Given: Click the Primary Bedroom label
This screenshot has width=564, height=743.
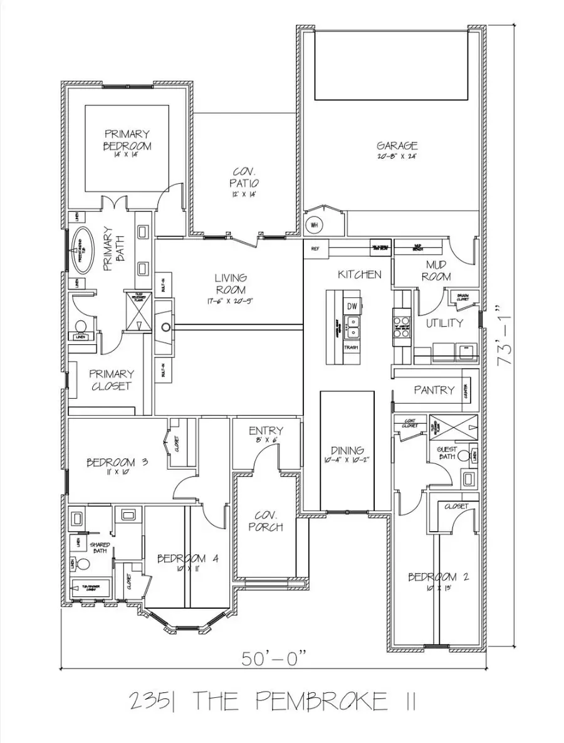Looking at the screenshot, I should tap(127, 140).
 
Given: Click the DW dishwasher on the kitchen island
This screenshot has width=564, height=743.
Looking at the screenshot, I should tap(352, 306).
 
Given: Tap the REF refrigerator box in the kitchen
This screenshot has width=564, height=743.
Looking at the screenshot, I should tap(315, 249).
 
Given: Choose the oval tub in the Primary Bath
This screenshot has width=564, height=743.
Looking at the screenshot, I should tap(80, 250).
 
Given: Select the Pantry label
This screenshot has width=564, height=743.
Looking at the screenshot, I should tap(434, 390).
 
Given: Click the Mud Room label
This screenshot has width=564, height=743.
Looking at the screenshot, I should tap(436, 270).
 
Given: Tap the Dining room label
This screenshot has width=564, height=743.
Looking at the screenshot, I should tap(347, 450).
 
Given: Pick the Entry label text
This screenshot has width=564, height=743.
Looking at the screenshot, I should tap(266, 431).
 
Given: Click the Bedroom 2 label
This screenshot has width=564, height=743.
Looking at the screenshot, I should tap(438, 577).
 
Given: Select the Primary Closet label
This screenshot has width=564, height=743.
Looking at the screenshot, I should tap(111, 380).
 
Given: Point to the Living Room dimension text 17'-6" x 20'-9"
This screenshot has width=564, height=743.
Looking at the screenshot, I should tap(231, 300).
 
